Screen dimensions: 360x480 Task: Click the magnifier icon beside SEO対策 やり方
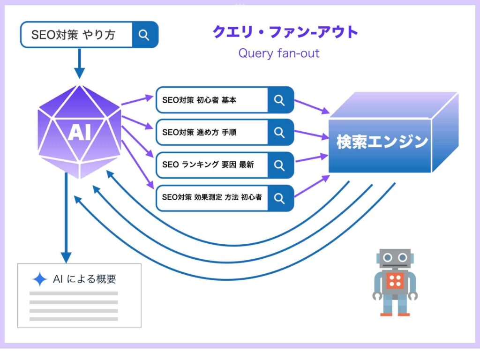click(x=144, y=35)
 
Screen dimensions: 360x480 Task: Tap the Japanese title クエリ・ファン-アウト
click(x=285, y=32)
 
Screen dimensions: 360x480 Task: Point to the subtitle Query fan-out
click(x=279, y=53)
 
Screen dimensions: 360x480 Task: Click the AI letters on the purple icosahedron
click(x=80, y=133)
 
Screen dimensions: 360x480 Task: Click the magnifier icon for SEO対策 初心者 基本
click(x=280, y=100)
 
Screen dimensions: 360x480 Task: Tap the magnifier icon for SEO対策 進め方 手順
click(x=280, y=132)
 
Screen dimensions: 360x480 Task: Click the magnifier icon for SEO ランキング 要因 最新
click(x=280, y=165)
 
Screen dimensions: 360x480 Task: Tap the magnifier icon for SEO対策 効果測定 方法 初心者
click(x=280, y=198)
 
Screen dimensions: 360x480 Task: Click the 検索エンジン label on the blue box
click(x=382, y=142)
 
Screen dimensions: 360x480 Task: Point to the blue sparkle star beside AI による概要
click(x=40, y=279)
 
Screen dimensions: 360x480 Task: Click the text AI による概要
click(x=84, y=279)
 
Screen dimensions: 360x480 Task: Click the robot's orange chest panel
click(x=396, y=281)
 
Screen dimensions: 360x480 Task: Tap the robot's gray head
click(x=395, y=258)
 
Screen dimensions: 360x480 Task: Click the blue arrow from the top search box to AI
click(x=80, y=63)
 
